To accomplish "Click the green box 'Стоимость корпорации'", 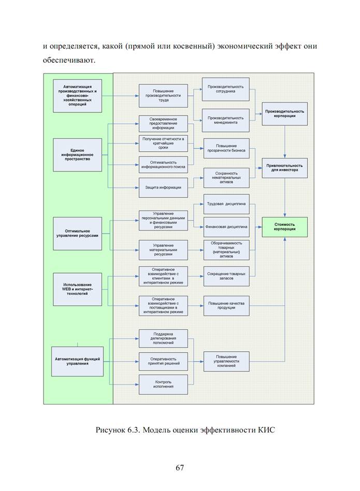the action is click(x=284, y=227).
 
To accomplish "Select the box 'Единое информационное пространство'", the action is click(x=77, y=155).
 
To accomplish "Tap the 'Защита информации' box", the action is click(x=163, y=187).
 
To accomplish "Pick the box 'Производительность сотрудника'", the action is click(x=225, y=89).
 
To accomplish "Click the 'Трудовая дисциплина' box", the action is click(x=226, y=204).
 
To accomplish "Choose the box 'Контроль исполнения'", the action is click(x=163, y=384).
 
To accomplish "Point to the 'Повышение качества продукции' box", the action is click(x=226, y=306).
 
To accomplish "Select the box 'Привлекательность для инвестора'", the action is click(x=284, y=168).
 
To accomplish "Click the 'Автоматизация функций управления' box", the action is click(x=77, y=362).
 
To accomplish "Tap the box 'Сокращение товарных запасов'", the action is click(x=226, y=276).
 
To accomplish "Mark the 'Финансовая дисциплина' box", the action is click(x=226, y=227).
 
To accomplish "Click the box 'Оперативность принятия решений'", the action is click(x=163, y=362).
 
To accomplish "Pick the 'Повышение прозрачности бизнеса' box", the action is click(x=226, y=149).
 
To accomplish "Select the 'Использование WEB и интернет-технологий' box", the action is click(x=77, y=290).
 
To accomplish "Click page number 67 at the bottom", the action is click(x=180, y=468).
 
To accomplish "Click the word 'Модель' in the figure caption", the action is click(x=159, y=430).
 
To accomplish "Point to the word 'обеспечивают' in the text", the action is click(x=69, y=60).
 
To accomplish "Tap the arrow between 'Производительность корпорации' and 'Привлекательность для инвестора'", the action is click(x=284, y=142).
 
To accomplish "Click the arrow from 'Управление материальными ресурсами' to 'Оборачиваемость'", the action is click(x=196, y=250).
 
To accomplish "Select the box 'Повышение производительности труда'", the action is click(x=163, y=96).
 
